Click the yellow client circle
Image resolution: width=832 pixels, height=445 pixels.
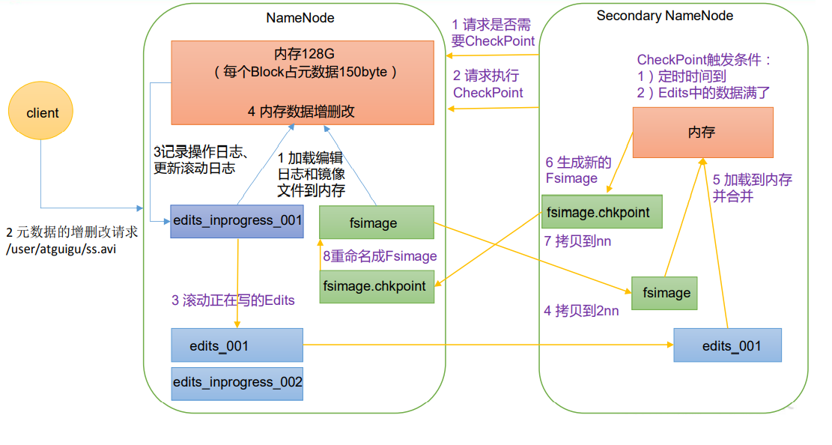(43, 113)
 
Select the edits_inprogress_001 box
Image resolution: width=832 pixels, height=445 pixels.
(237, 221)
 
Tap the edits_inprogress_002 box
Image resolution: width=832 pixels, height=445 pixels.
(237, 382)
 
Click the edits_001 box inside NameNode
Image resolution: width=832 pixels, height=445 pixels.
(237, 346)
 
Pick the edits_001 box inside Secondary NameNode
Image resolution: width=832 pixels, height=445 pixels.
(726, 345)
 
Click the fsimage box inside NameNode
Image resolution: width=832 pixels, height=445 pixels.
(377, 222)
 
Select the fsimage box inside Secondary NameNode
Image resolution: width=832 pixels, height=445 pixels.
(664, 293)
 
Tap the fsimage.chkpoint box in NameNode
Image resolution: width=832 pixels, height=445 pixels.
(377, 285)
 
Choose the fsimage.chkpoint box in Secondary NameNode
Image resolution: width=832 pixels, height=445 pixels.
(601, 212)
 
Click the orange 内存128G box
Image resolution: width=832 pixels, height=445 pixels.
(303, 82)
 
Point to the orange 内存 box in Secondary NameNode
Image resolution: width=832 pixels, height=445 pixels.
(702, 132)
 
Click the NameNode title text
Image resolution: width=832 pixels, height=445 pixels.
(300, 17)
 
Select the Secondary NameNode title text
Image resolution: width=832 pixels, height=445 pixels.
(664, 16)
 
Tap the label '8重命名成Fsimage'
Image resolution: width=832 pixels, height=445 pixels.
(380, 256)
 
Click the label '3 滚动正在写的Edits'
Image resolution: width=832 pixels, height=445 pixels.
(233, 300)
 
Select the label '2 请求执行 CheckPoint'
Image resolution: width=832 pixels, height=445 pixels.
(488, 84)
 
